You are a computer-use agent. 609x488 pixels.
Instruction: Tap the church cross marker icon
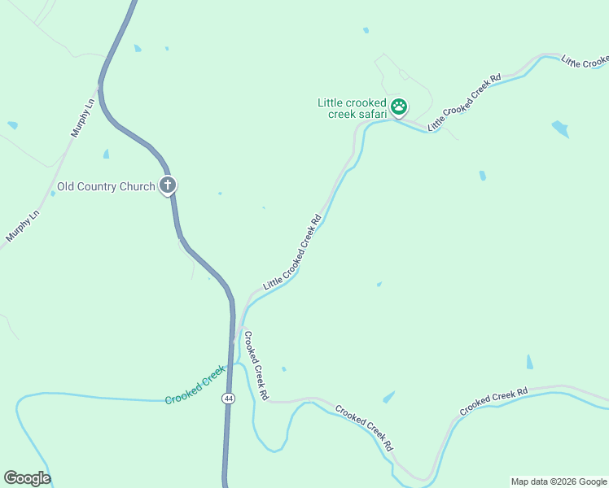pos(168,185)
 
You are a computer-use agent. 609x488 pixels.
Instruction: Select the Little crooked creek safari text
pos(353,108)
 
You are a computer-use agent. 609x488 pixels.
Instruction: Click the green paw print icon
pos(399,106)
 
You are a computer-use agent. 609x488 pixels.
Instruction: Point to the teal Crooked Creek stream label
pos(195,386)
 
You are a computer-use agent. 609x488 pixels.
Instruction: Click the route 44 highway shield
pos(228,399)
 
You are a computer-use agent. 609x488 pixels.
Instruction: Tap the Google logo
pos(27,478)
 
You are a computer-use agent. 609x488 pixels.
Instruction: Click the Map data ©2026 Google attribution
pos(559,481)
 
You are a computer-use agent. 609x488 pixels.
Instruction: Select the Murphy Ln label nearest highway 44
pos(85,116)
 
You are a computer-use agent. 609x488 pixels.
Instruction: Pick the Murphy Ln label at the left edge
pos(23,224)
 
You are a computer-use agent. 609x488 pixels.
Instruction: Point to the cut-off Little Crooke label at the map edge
pos(585,63)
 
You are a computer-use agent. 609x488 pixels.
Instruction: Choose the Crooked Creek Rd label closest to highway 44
pos(256,364)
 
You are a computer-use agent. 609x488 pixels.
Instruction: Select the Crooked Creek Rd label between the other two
pos(364,429)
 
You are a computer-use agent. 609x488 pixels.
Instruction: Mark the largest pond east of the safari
pos(560,129)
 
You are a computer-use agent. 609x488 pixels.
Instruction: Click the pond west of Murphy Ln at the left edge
pos(12,125)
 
